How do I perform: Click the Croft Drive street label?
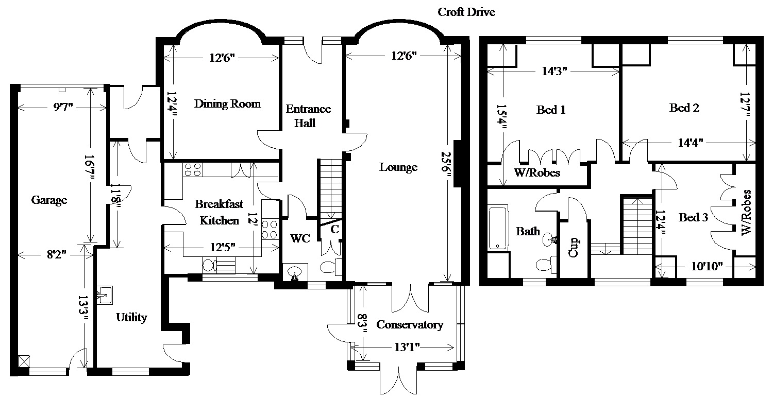point(466,12)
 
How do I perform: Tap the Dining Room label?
point(227,104)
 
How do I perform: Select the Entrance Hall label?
point(308,116)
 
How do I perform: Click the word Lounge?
point(398,167)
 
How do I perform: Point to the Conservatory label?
point(410,325)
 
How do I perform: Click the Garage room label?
point(49,200)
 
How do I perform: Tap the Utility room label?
point(131,317)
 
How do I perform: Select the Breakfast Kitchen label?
point(219,212)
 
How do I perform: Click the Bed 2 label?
point(684,108)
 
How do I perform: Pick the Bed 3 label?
point(693,218)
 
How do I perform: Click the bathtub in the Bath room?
point(498,227)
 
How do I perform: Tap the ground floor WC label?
point(300,239)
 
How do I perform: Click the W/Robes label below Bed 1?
point(536,173)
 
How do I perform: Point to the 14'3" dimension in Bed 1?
point(554,72)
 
